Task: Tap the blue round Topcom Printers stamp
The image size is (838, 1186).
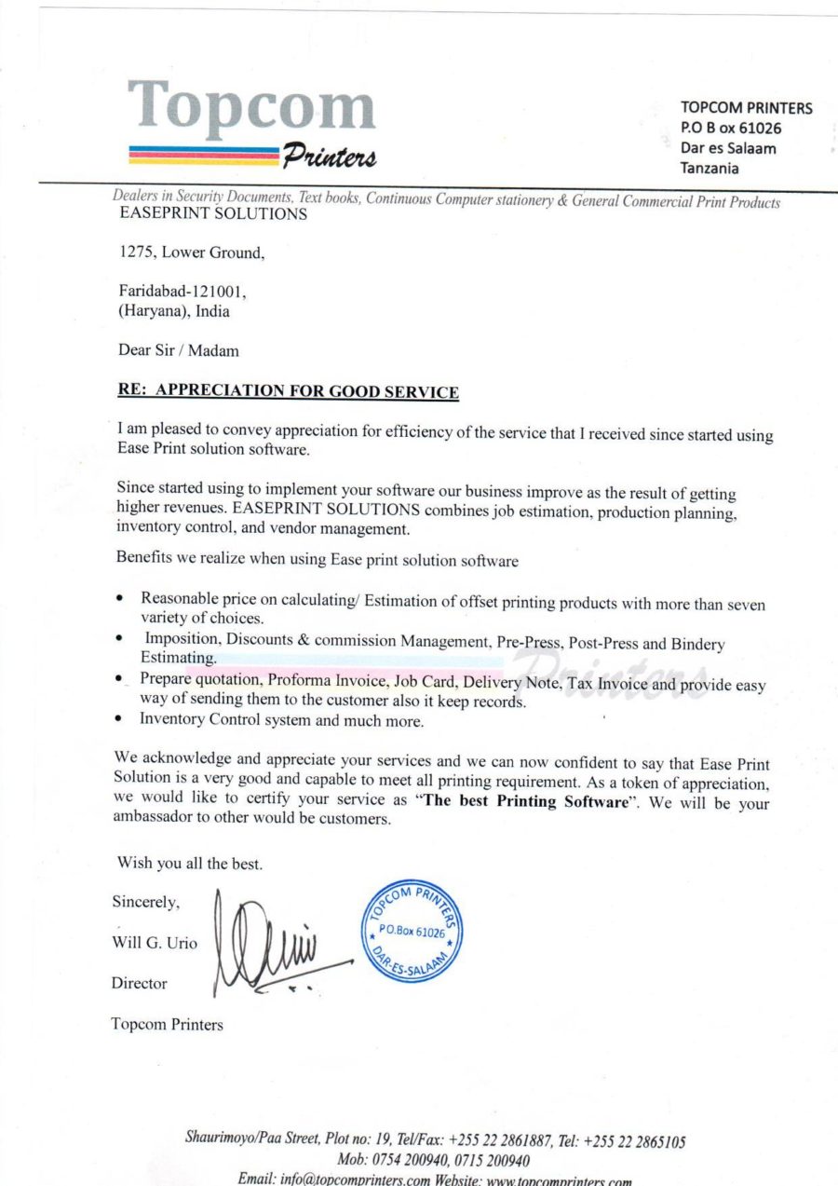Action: click(x=412, y=928)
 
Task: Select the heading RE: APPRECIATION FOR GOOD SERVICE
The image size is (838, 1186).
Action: click(x=288, y=390)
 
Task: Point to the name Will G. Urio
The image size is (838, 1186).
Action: click(x=155, y=943)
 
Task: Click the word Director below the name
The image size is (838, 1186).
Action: click(x=140, y=983)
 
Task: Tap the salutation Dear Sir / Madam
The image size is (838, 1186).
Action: click(x=178, y=350)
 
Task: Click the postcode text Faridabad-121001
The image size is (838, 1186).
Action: click(x=181, y=292)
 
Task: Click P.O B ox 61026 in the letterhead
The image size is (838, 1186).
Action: click(x=731, y=128)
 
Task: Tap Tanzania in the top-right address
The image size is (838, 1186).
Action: click(x=710, y=169)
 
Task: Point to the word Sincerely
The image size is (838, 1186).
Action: click(x=146, y=902)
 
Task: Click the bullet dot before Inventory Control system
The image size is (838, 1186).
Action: click(x=120, y=720)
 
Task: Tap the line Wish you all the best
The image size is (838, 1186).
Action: click(x=190, y=864)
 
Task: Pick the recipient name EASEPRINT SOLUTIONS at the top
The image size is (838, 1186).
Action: click(x=214, y=215)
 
